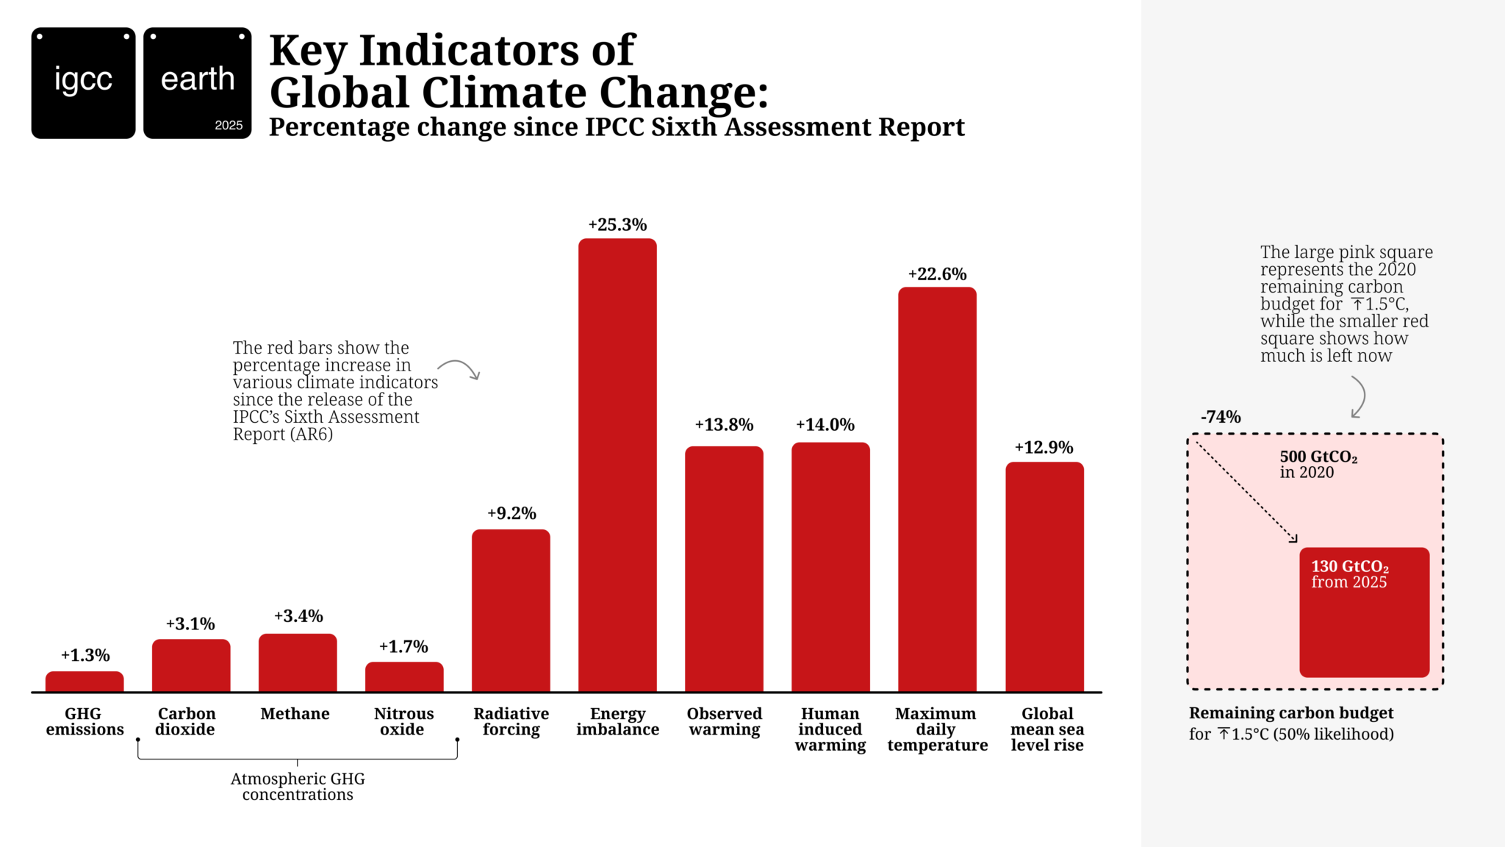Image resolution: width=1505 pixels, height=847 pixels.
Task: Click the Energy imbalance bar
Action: tap(617, 465)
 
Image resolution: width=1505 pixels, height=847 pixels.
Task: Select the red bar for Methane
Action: tap(298, 662)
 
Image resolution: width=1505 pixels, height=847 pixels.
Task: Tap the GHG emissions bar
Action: tap(85, 682)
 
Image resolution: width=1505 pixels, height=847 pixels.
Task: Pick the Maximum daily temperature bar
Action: tap(937, 489)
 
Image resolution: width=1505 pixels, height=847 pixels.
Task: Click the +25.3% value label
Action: tap(617, 225)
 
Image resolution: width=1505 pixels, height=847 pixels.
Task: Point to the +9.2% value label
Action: tap(511, 513)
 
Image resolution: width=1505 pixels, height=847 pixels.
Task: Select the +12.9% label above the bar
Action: tap(1044, 448)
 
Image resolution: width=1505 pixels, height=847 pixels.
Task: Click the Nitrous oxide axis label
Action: tap(403, 721)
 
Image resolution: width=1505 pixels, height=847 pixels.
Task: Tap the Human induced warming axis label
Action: tap(830, 729)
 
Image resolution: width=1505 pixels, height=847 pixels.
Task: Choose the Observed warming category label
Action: tap(724, 721)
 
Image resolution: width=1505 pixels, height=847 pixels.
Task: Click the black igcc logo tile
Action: tap(83, 83)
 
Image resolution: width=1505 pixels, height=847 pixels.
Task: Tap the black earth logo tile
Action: tap(197, 83)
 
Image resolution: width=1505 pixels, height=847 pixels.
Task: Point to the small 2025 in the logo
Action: tap(229, 125)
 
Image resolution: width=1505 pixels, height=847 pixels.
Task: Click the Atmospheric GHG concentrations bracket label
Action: tap(298, 787)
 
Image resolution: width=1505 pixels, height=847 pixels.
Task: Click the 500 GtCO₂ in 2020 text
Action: tap(1318, 464)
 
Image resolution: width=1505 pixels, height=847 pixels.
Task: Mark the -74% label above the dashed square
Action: tap(1221, 417)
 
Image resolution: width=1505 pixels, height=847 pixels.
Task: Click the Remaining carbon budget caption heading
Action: tap(1290, 713)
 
